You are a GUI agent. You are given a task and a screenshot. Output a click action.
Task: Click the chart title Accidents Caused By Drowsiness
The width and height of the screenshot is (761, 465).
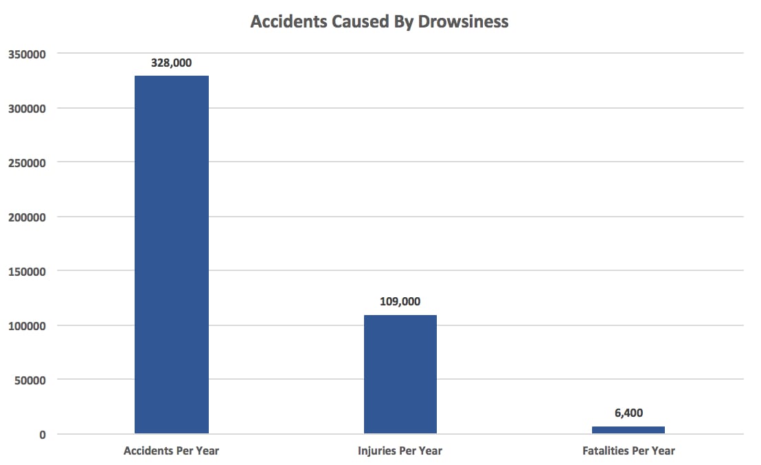(379, 21)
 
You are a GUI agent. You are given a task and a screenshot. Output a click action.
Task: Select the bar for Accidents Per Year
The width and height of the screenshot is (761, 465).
(172, 255)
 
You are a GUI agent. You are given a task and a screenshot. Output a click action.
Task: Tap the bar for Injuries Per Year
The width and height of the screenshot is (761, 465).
(400, 374)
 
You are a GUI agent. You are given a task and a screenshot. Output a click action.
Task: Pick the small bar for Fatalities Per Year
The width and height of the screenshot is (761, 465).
(628, 430)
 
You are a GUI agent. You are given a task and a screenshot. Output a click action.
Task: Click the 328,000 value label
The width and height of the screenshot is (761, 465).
(172, 63)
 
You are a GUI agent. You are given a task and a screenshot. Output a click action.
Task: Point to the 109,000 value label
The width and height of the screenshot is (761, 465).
(400, 301)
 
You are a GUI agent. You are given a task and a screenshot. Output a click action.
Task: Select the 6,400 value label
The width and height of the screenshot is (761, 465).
(628, 413)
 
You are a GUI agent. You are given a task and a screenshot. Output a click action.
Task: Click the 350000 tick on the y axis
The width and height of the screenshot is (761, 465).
(27, 54)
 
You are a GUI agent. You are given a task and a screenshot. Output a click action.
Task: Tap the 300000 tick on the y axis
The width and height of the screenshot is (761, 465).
(27, 109)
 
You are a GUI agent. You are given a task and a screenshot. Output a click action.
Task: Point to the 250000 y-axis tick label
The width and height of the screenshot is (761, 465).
(27, 163)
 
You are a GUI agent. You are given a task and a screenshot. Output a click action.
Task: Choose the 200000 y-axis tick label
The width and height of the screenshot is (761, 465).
(27, 217)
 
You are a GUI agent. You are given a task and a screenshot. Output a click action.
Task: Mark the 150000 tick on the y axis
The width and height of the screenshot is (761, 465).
(27, 272)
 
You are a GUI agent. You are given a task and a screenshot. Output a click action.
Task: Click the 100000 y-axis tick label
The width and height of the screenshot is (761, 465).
(27, 326)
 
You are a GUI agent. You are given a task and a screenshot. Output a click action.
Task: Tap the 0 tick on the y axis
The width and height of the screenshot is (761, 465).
(43, 435)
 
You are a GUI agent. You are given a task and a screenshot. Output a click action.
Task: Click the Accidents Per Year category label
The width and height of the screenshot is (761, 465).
(171, 451)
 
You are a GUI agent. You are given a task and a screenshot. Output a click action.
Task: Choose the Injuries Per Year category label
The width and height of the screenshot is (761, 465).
(400, 451)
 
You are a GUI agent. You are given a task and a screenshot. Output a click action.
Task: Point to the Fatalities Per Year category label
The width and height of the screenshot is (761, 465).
(628, 451)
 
